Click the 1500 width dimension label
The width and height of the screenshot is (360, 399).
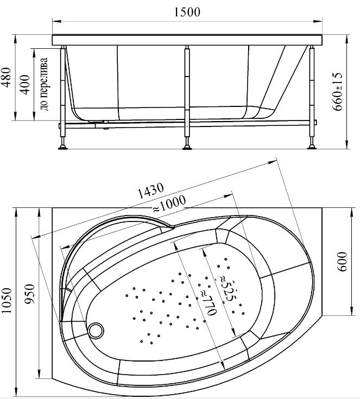pos(187,12)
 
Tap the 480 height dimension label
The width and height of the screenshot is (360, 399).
pos(7,77)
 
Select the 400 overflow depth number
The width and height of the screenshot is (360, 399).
pos(25,85)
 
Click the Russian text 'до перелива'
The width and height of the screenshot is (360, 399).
pos(44,84)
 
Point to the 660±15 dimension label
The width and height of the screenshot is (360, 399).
pos(338,92)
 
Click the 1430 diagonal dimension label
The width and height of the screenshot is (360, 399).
pos(151,190)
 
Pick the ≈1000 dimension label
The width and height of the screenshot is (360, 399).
pos(169,204)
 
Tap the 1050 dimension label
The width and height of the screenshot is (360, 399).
pos(7,301)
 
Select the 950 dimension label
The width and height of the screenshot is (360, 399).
pos(29,294)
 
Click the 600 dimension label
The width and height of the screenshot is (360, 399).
pos(342,262)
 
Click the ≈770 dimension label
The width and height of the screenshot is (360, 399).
pos(207,303)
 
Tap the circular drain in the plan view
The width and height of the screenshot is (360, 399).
pos(96,331)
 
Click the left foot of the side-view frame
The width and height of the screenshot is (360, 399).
pos(62,146)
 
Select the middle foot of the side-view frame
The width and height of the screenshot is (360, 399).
pos(187,146)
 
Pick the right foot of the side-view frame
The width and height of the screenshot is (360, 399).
pos(312,146)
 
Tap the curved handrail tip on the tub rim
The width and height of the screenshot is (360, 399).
pos(172,226)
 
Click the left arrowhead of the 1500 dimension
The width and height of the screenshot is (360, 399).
pos(56,22)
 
